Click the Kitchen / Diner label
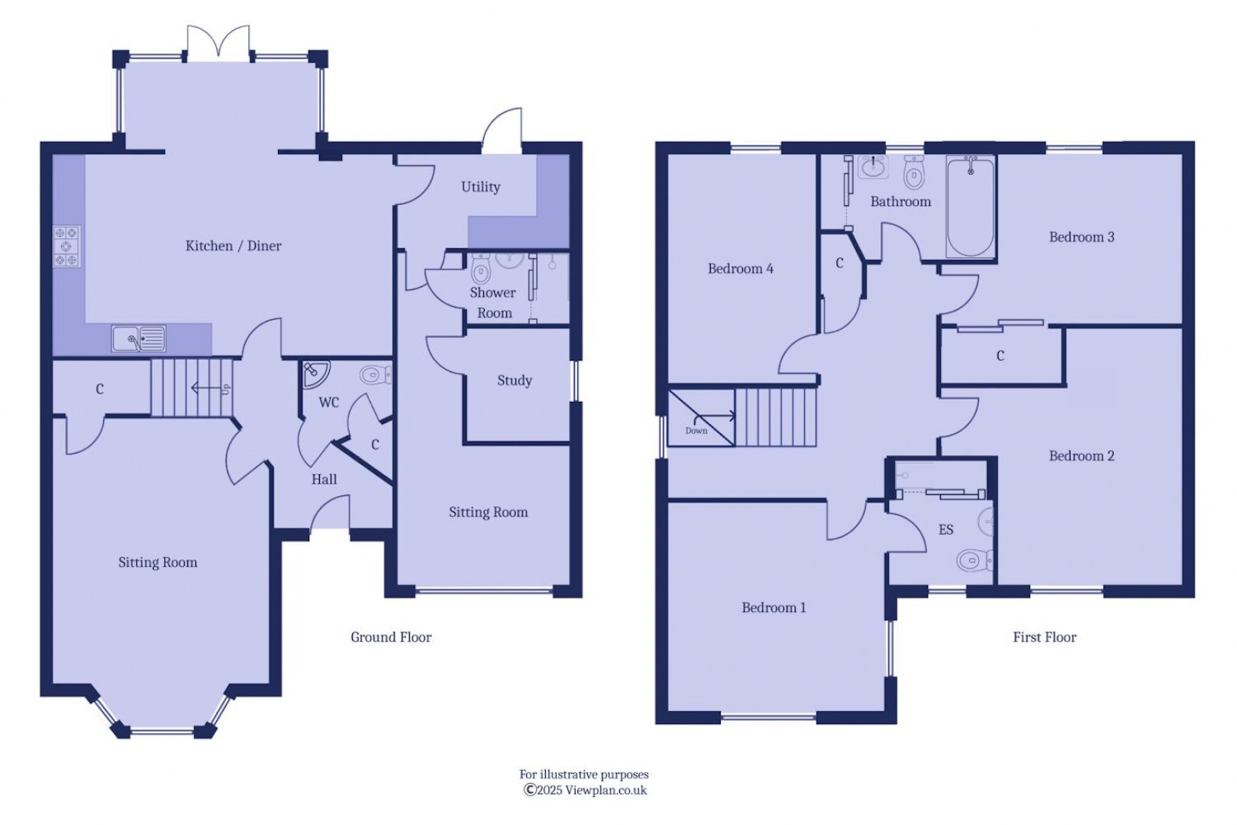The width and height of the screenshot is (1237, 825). [234, 246]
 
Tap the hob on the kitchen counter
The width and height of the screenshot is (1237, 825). [66, 247]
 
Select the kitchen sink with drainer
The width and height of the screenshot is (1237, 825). [138, 338]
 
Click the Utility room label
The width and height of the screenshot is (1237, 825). [480, 187]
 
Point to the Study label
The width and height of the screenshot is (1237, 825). [514, 380]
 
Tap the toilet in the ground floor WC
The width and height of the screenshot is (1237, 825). [374, 375]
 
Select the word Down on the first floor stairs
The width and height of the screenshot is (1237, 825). [696, 431]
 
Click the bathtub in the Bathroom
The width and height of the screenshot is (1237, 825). [971, 206]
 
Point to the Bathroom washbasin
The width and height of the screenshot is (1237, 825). [873, 167]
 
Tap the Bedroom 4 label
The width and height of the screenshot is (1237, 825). [740, 269]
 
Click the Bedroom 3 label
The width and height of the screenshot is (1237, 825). [1081, 238]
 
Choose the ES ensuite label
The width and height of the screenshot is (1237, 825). [945, 530]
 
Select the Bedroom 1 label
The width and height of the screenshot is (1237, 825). [774, 608]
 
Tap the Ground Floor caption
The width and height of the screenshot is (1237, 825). [391, 637]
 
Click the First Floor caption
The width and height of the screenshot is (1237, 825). [1044, 637]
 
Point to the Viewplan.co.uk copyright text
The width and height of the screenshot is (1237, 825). [585, 791]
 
